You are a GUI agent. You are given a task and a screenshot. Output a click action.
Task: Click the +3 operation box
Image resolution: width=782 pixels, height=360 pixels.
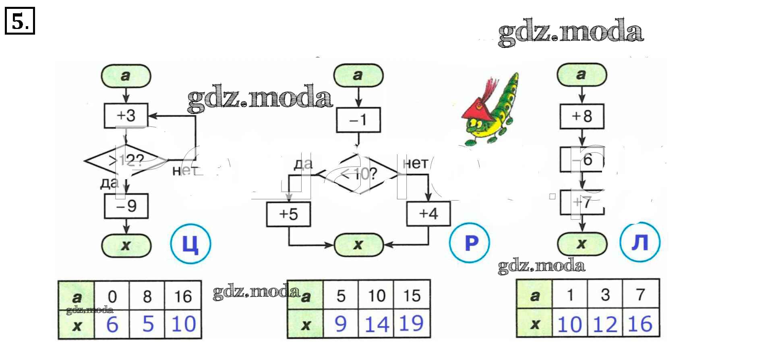[x=126, y=116]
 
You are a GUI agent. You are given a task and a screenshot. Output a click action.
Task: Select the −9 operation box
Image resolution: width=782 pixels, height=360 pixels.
[x=126, y=206]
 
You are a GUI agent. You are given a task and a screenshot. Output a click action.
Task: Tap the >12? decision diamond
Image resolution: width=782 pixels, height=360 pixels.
[x=126, y=161]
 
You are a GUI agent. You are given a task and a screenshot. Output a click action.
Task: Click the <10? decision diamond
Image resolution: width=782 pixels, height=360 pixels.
[x=359, y=174]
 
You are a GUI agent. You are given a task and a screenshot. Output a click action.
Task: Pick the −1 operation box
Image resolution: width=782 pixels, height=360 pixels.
[x=358, y=120]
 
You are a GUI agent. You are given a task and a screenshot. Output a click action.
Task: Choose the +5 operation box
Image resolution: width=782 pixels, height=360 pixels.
[x=288, y=214]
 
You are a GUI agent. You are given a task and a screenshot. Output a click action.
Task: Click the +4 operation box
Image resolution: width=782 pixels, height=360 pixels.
[x=428, y=213]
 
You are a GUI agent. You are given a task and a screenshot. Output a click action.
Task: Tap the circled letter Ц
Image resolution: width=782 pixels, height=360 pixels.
[x=190, y=244]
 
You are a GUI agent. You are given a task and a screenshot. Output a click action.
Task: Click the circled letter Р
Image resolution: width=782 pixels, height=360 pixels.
[x=470, y=243]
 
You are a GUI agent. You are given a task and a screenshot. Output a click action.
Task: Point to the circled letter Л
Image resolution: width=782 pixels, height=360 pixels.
[x=640, y=242]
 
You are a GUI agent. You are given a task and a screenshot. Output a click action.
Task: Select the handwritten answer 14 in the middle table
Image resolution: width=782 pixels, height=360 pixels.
[x=377, y=324]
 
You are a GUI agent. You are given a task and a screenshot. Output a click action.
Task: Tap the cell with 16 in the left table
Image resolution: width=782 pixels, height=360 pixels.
[x=183, y=297]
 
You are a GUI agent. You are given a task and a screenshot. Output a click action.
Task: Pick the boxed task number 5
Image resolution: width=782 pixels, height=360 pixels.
[x=20, y=21]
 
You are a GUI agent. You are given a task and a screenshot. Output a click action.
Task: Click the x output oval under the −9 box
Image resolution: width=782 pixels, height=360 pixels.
[x=126, y=245]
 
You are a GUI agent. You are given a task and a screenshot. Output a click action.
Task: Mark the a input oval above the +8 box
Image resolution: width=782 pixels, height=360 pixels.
[x=581, y=74]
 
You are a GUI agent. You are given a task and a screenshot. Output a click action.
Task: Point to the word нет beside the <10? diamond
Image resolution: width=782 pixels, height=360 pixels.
[x=415, y=163]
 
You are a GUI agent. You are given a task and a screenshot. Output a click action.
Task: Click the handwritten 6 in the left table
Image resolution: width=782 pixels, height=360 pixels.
[x=112, y=324]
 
